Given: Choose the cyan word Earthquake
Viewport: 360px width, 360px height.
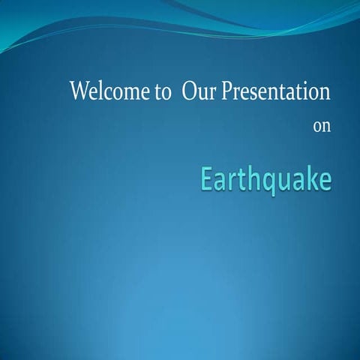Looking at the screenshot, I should pyautogui.click(x=265, y=181).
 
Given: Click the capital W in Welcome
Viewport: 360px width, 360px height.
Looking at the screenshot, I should pyautogui.click(x=79, y=92).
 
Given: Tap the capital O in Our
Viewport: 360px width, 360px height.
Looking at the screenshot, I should pyautogui.click(x=189, y=92).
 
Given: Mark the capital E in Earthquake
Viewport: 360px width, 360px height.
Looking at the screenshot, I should pyautogui.click(x=206, y=179).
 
